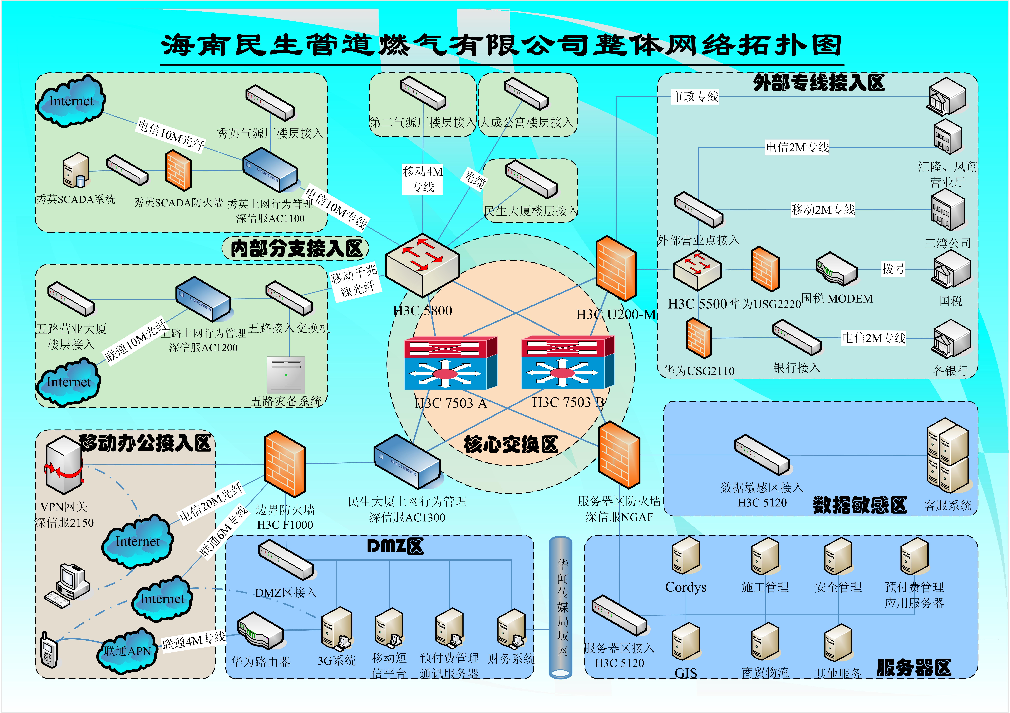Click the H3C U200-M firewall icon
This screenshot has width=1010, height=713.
[x=616, y=268]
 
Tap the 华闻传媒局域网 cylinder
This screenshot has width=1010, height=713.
[x=561, y=607]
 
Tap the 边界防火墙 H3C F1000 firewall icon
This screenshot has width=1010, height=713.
[x=285, y=464]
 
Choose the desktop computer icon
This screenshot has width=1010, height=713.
[x=68, y=585]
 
